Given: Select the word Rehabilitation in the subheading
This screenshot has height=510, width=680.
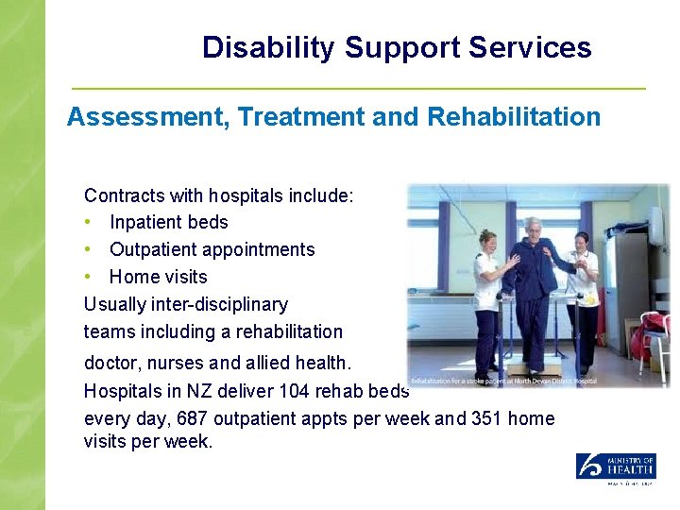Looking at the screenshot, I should pyautogui.click(x=514, y=117).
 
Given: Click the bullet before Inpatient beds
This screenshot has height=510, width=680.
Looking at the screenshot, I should pyautogui.click(x=88, y=223).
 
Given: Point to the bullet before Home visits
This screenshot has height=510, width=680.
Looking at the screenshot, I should pyautogui.click(x=88, y=278).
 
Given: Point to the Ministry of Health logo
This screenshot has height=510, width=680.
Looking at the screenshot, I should pyautogui.click(x=616, y=467).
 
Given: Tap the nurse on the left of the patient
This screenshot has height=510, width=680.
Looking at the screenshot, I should pyautogui.click(x=489, y=293).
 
